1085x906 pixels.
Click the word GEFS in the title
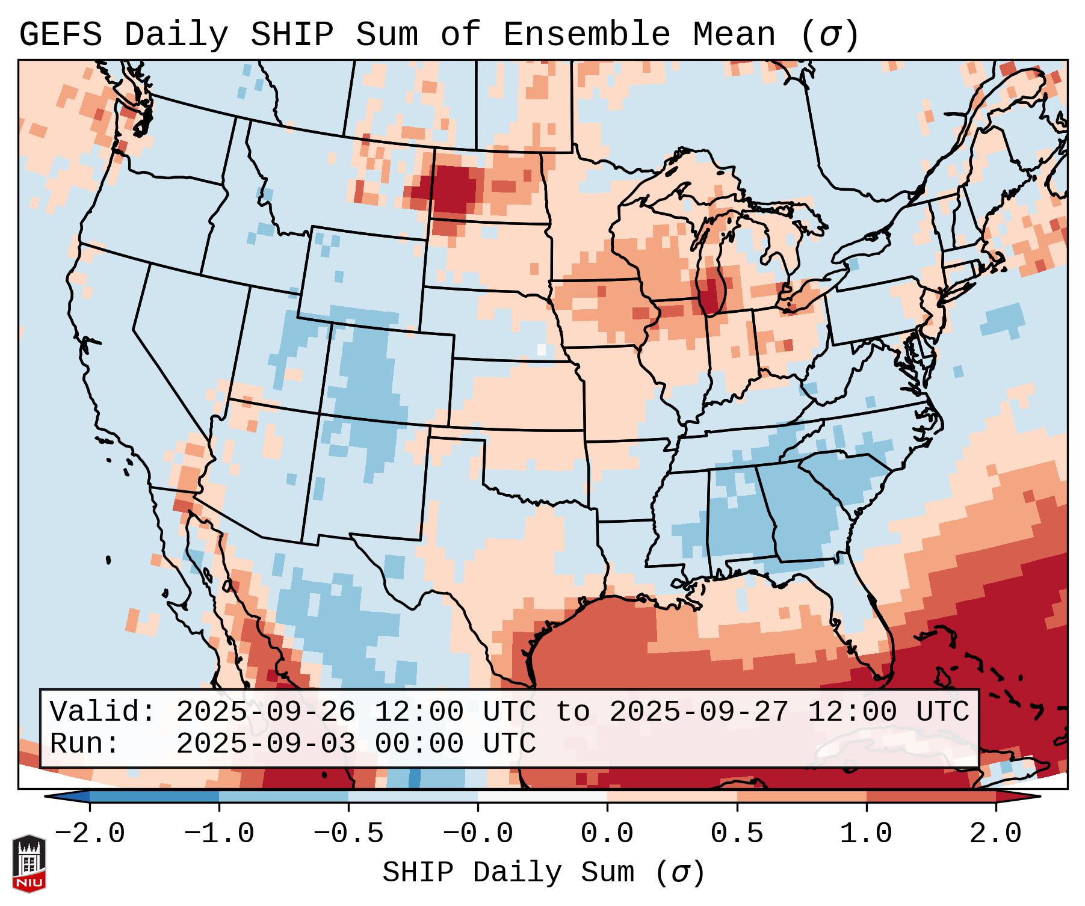coord(60,35)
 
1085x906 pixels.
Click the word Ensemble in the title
coord(586,35)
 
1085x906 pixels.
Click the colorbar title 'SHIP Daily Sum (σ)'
coord(543,873)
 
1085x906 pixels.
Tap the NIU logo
coord(29,863)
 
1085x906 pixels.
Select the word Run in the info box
coord(76,744)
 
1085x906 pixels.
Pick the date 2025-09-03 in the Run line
coord(265,744)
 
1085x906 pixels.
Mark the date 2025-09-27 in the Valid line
coord(699,712)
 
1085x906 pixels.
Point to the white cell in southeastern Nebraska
coord(541,350)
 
